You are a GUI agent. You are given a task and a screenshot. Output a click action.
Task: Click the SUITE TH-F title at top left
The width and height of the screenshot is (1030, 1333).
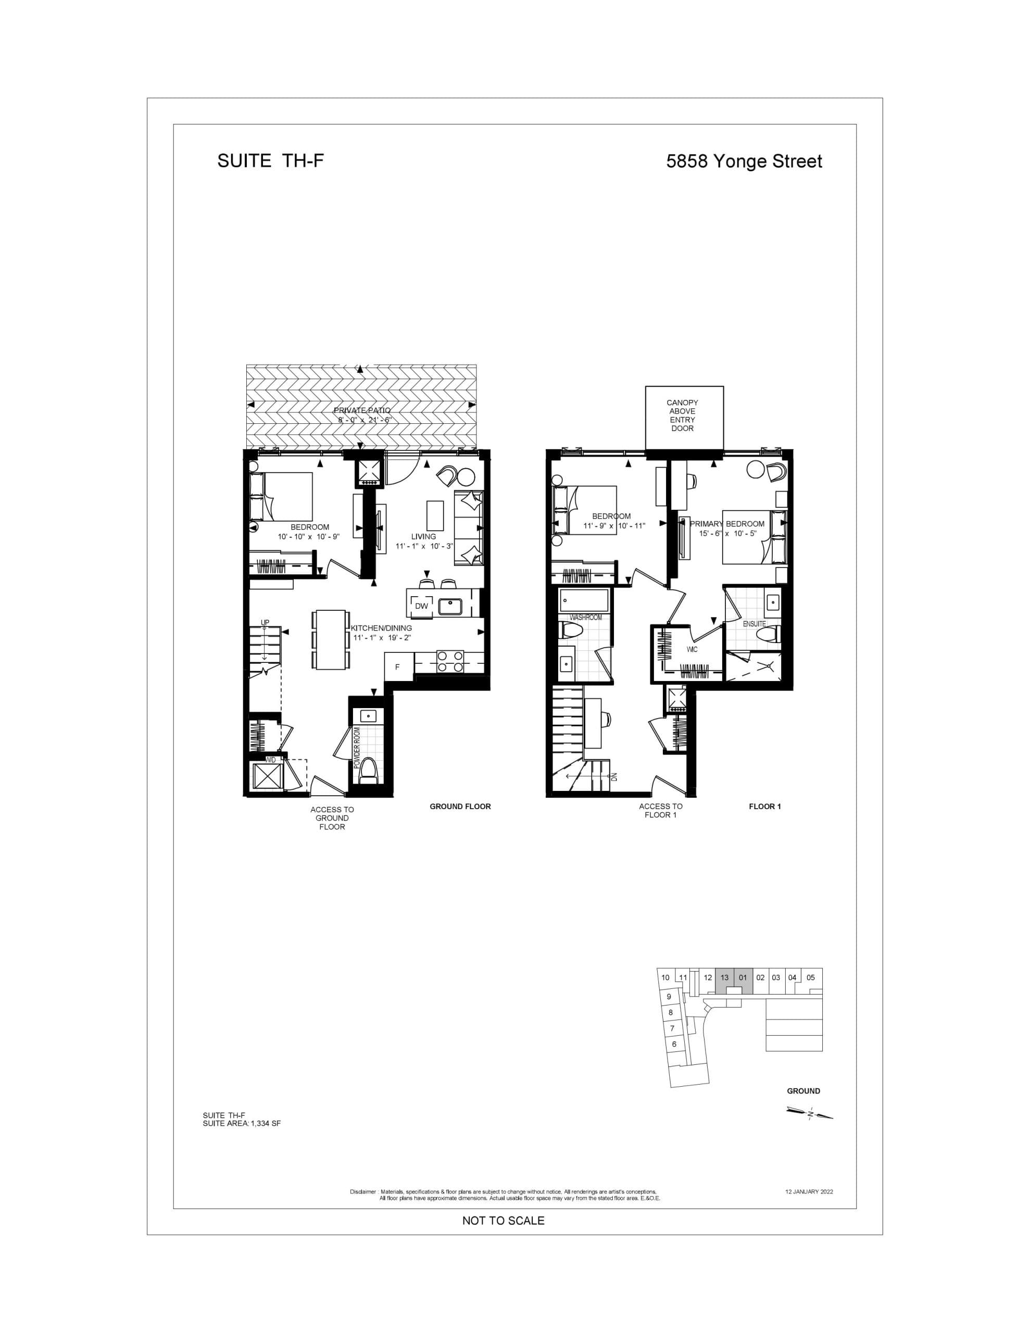270,161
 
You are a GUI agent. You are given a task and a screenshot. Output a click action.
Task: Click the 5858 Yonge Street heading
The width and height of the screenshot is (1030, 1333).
744,162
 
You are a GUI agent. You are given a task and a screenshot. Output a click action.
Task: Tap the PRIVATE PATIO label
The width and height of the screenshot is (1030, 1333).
361,410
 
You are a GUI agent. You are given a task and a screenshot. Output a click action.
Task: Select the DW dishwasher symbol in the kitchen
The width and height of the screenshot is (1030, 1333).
421,606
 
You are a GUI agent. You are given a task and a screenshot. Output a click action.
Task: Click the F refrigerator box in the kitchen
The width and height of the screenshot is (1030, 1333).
397,667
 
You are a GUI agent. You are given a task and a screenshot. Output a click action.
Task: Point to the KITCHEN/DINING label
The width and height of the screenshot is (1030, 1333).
382,628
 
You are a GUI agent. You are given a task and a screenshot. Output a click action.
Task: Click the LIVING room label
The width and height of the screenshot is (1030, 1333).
423,536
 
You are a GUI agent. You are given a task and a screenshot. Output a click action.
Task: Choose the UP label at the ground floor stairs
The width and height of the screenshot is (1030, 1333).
265,623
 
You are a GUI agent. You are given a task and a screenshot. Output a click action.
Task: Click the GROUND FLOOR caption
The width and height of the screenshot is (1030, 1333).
460,806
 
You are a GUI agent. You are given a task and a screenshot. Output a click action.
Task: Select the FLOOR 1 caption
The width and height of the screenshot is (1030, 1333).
764,806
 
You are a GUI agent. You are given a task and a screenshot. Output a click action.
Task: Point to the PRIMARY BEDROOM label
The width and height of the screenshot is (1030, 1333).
726,524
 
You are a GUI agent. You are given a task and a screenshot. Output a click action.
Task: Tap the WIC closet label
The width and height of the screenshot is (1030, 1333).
692,649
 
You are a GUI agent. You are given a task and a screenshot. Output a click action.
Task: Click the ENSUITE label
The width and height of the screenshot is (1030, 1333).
754,624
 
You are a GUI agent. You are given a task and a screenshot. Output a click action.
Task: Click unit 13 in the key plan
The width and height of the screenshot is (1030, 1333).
724,977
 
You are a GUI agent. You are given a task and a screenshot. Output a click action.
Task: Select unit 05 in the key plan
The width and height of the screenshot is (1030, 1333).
810,977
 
